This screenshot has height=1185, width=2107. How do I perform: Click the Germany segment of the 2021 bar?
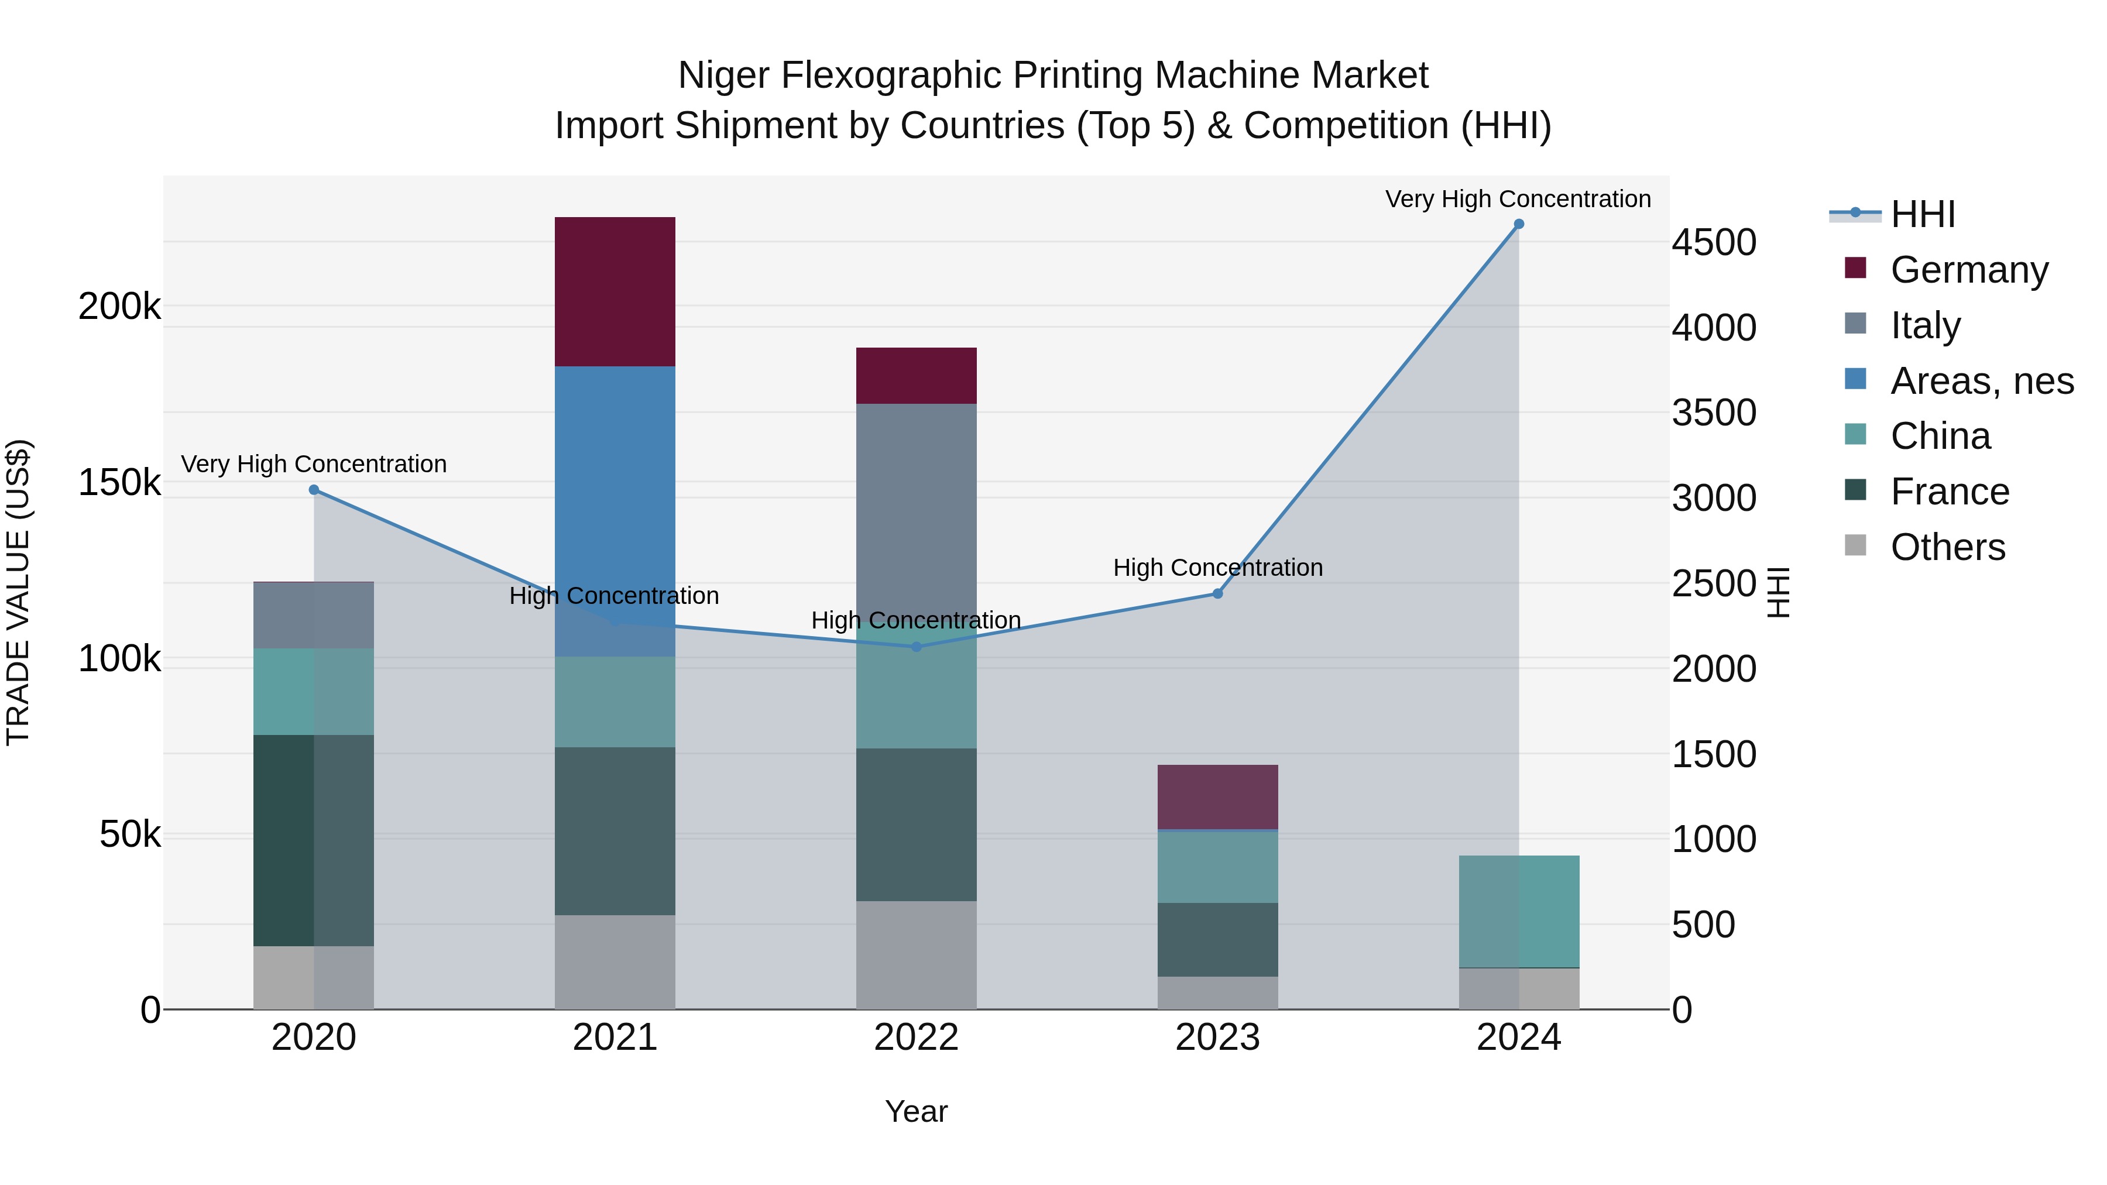click(x=615, y=291)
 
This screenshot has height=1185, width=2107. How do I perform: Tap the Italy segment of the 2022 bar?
click(x=916, y=507)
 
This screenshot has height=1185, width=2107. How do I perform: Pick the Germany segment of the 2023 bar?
click(x=1217, y=796)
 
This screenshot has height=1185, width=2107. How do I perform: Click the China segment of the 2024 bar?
click(x=1519, y=911)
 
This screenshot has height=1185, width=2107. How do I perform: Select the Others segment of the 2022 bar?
click(x=916, y=954)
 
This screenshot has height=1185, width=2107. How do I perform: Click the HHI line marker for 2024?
click(x=1519, y=224)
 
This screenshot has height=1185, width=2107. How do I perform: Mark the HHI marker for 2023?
click(x=1217, y=594)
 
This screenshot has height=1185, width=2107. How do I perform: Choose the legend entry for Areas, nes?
click(x=1981, y=381)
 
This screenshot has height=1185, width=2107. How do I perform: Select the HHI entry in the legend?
click(x=1922, y=214)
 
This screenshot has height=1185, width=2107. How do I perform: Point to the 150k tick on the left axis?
click(x=119, y=483)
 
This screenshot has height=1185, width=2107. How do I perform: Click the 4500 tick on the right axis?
click(x=1714, y=243)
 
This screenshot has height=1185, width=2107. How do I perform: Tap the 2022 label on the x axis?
click(x=916, y=1038)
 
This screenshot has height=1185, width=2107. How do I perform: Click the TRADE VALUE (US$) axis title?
click(x=18, y=592)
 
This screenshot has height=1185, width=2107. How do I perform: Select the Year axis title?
click(x=916, y=1111)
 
